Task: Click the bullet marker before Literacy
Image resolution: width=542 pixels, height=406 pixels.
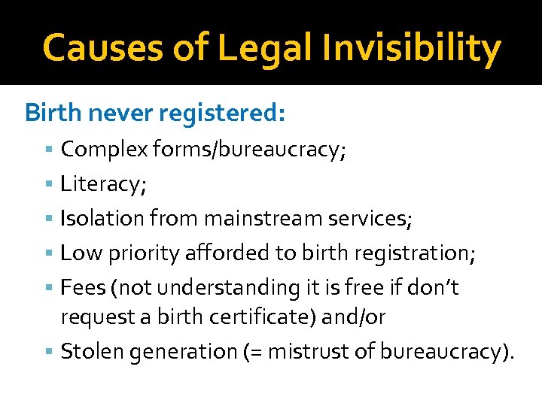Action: pos(50,184)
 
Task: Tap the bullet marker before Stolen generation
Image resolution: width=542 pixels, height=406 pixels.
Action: pos(50,351)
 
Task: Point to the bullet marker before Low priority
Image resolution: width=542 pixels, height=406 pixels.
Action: pos(50,253)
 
